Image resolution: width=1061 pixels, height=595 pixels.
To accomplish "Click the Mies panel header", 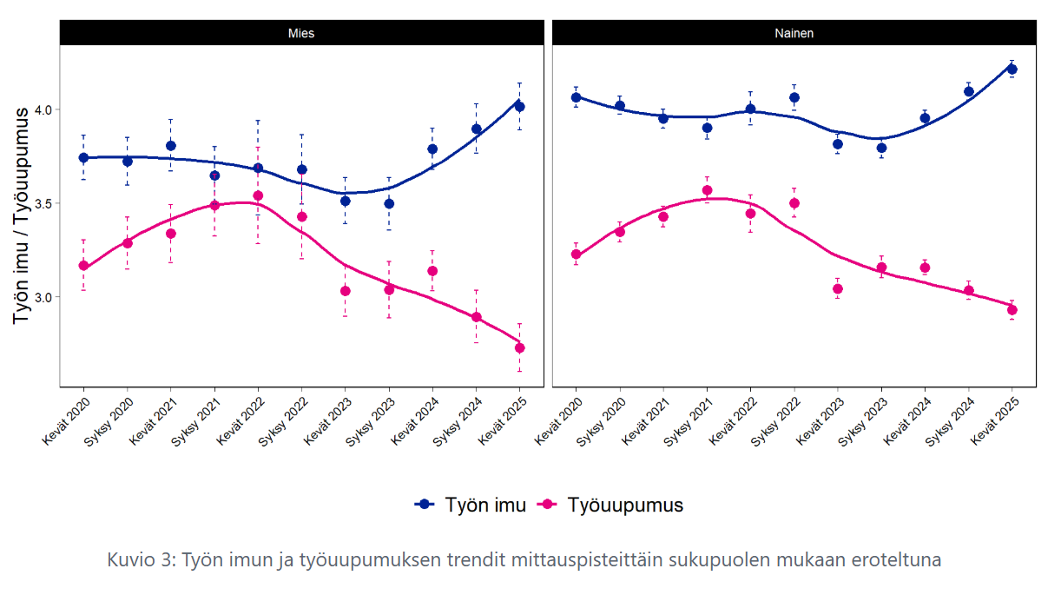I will [x=301, y=33].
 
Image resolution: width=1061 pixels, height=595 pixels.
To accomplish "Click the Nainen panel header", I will [x=794, y=33].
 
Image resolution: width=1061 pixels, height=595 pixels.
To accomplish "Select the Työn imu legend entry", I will [x=471, y=505].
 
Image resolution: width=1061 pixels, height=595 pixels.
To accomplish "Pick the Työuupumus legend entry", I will [x=613, y=505].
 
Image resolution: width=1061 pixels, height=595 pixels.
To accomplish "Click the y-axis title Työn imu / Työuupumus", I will [x=23, y=217].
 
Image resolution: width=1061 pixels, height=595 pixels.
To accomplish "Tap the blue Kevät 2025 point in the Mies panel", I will [x=520, y=106].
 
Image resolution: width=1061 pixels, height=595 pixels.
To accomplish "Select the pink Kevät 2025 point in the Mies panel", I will [x=520, y=348].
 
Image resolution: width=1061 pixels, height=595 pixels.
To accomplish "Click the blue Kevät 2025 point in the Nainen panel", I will [x=1012, y=69].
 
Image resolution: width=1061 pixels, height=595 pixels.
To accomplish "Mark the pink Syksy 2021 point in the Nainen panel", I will [x=707, y=190].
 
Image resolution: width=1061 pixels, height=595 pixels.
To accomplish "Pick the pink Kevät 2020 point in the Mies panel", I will [x=83, y=266].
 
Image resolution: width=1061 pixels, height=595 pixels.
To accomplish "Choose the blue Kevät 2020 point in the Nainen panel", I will [x=577, y=97].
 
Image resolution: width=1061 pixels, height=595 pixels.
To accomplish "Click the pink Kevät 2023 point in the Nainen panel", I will [x=838, y=288].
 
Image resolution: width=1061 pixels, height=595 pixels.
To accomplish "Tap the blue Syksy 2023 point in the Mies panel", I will [x=389, y=203].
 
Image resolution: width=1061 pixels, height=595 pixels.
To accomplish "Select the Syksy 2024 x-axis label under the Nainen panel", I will [x=949, y=422].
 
